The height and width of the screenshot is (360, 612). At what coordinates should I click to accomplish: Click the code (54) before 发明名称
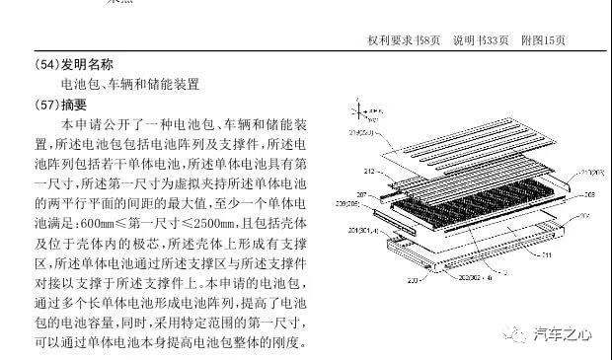[45, 65]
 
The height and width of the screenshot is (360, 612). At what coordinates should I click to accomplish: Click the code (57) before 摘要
[45, 104]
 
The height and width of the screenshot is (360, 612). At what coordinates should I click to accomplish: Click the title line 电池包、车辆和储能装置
[129, 84]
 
